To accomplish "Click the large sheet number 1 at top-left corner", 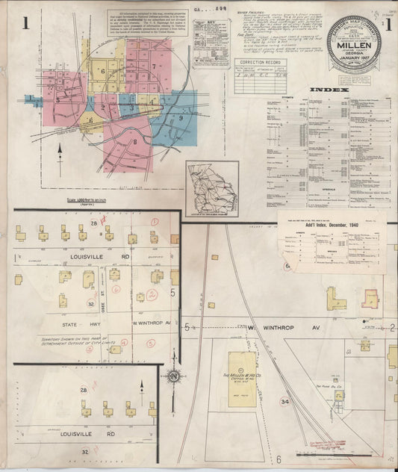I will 25,23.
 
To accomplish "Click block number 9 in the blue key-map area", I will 180,118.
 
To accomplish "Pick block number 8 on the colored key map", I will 135,140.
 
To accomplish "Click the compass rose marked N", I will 174,375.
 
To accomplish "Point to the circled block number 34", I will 284,402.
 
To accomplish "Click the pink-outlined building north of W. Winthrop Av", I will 370,298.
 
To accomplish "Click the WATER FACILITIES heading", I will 255,13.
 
